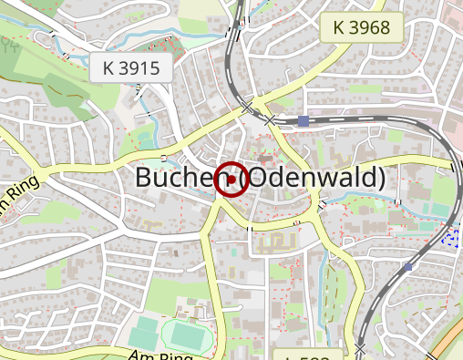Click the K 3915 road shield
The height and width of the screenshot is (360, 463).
(131, 67)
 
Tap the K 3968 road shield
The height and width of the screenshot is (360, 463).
(361, 27)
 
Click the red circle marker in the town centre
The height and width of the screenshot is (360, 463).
(231, 180)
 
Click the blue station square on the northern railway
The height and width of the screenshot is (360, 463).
(304, 119)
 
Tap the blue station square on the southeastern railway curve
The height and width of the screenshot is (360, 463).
(407, 267)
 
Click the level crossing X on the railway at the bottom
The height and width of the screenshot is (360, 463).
(362, 349)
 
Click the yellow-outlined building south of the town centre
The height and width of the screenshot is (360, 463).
(273, 242)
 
